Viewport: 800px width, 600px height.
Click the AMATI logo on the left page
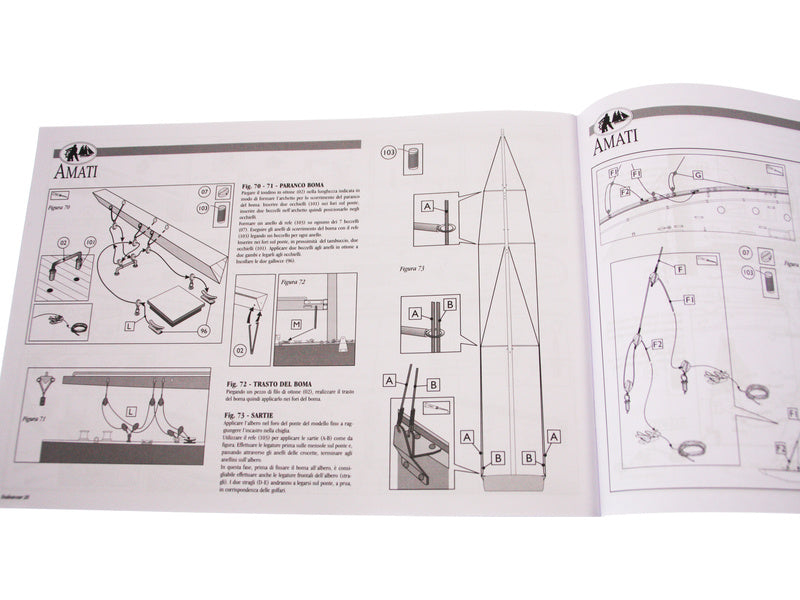[76, 160]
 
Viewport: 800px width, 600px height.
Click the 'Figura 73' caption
[411, 269]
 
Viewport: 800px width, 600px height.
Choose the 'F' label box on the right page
[681, 270]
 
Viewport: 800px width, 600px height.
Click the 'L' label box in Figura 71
[131, 411]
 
